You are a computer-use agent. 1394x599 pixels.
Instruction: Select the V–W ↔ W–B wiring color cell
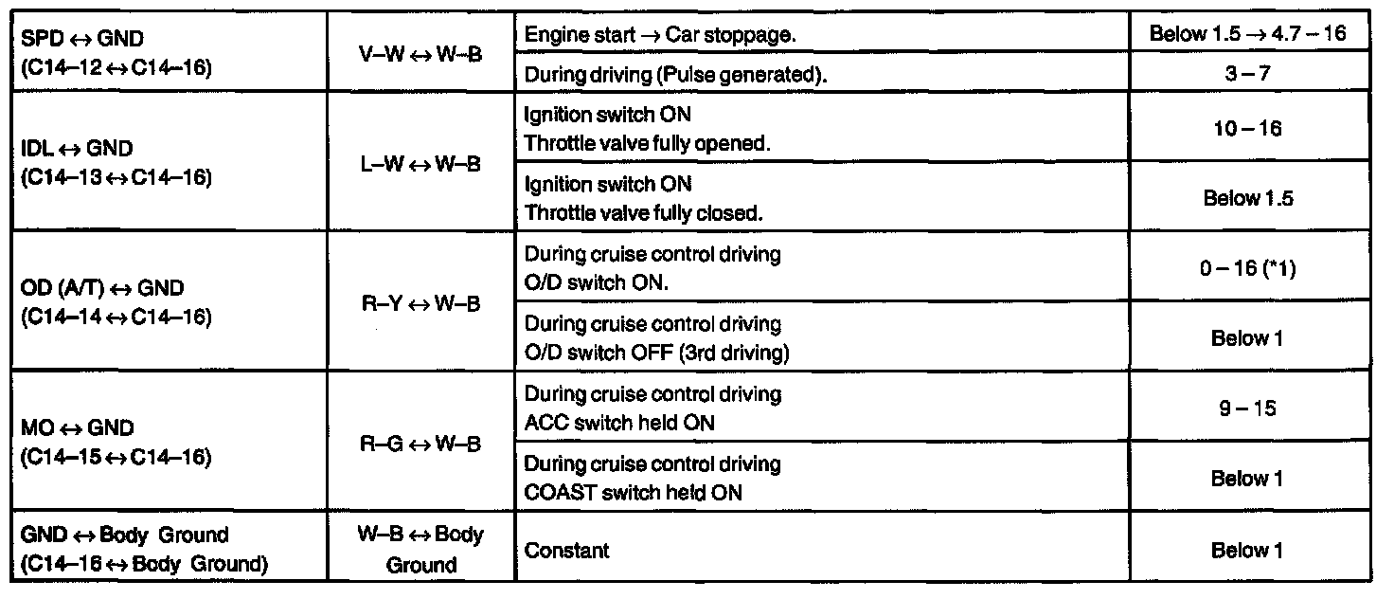click(x=420, y=54)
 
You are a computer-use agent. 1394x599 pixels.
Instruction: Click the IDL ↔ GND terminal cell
click(x=115, y=163)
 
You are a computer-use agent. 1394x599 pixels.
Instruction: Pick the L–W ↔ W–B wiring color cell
click(x=420, y=163)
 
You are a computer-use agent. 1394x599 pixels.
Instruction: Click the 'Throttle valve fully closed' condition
click(x=644, y=212)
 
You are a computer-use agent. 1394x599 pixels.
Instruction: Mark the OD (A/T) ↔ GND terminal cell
click(x=115, y=301)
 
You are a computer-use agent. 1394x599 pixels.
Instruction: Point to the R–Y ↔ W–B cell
click(x=420, y=303)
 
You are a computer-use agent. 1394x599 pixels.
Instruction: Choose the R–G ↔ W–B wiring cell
click(x=420, y=443)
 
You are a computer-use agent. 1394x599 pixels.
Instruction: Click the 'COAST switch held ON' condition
click(x=633, y=492)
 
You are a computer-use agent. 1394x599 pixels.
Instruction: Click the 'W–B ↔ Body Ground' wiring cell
click(x=420, y=550)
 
